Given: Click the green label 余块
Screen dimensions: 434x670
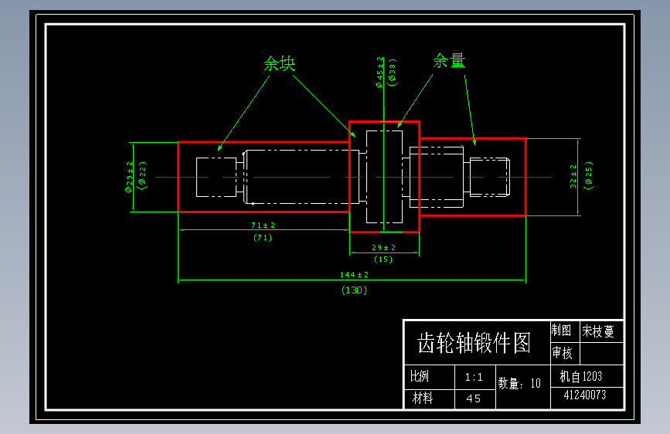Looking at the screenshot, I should pos(280,63).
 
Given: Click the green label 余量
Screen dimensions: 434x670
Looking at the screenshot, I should pos(450,60).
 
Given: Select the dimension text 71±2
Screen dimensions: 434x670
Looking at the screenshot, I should pos(263,225).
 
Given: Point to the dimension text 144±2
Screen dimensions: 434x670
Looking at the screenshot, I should pos(355,275).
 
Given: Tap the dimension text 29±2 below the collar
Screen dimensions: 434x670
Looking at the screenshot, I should pos(383,247).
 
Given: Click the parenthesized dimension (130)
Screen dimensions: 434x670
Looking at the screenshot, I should pos(355,290).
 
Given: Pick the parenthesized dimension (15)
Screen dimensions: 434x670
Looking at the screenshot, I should pos(383,259).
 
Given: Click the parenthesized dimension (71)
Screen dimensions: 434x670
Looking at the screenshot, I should pos(263,238).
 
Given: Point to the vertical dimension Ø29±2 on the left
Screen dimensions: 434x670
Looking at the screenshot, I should pos(130,177).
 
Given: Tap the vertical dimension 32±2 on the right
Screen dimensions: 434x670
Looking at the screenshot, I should pos(573,178).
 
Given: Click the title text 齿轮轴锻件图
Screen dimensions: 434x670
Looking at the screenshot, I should pos(474,343).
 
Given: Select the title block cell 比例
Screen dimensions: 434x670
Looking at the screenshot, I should pos(420,377).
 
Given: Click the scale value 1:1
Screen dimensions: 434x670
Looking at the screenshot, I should pos(474,378).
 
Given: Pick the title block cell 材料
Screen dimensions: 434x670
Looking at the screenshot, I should pos(423,398).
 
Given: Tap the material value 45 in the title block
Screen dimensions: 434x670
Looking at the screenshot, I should pos(474,399).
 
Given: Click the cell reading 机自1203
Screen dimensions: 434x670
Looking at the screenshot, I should pos(581,377).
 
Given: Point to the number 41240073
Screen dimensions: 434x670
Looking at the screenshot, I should pos(584,395).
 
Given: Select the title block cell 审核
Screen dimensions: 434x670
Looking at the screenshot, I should pos(563,354).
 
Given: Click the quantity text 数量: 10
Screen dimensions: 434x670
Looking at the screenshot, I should pos(519,383).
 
